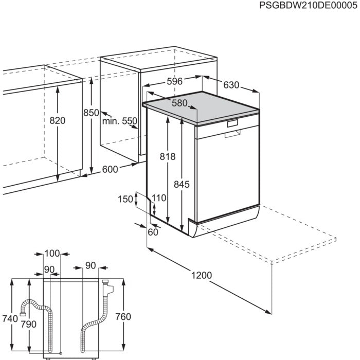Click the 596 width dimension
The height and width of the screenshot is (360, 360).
(174, 82)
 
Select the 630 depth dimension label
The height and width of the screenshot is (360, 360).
(230, 85)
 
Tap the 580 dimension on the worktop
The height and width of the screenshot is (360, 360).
(179, 103)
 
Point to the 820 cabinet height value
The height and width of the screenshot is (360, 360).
(58, 120)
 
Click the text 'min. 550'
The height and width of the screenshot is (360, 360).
(119, 121)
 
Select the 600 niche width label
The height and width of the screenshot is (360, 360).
(110, 169)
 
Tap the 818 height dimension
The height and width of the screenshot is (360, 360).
(168, 157)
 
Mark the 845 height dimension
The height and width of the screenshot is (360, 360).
(182, 184)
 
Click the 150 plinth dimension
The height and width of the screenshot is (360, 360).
(125, 199)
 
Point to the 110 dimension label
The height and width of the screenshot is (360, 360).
(159, 197)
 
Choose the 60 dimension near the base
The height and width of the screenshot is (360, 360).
(152, 232)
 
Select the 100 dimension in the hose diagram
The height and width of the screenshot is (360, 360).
(52, 254)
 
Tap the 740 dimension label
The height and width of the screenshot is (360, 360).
(10, 319)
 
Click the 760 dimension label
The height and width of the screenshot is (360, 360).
(123, 316)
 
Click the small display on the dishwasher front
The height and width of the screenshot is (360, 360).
(232, 123)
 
